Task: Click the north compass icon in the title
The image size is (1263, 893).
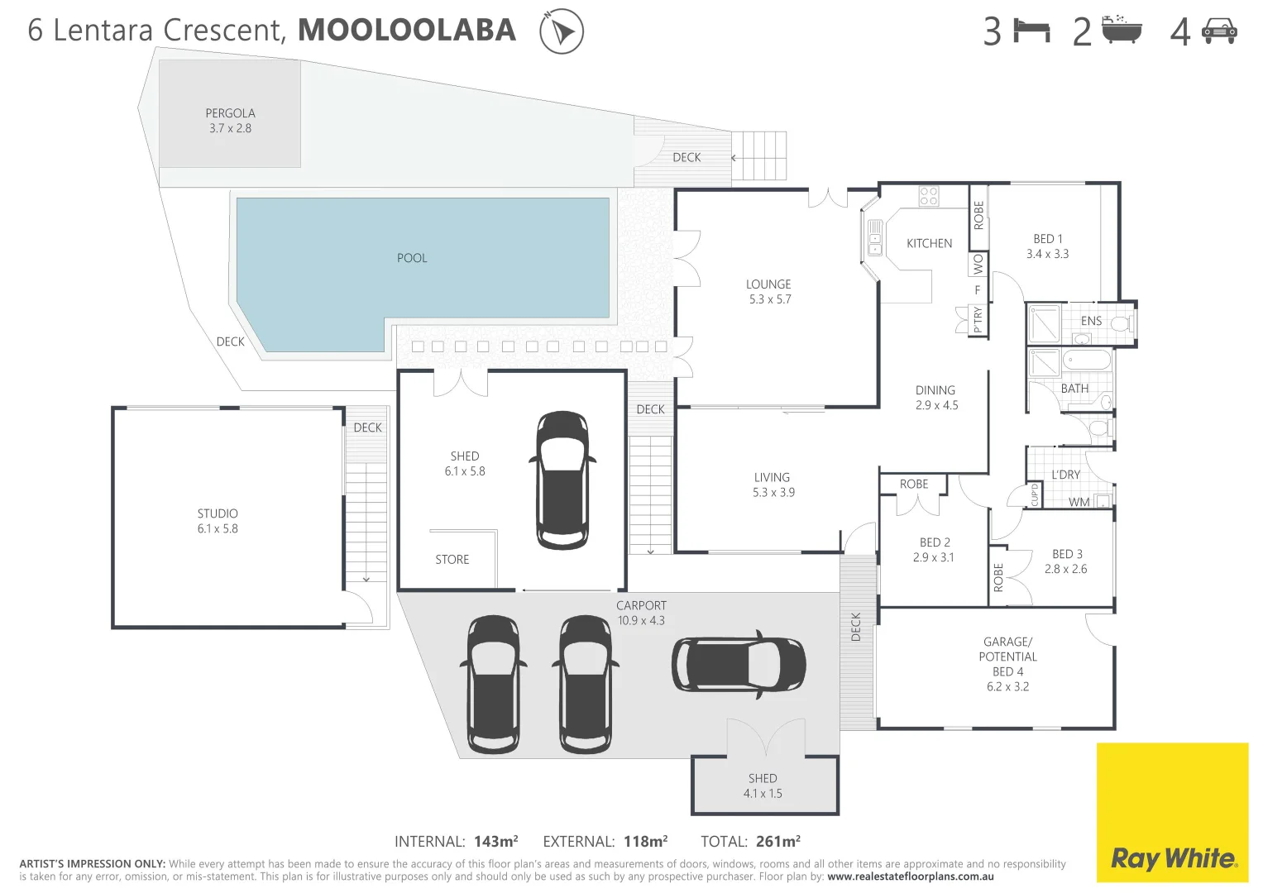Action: click(x=562, y=32)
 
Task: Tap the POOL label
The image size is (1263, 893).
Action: click(x=412, y=258)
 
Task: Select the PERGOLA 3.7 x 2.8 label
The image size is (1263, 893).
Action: click(x=230, y=121)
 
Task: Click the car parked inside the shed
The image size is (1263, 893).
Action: click(x=562, y=480)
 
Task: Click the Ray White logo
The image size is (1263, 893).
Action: click(x=1172, y=857)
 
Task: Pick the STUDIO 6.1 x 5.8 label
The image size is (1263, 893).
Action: click(x=218, y=521)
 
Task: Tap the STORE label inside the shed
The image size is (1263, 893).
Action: click(x=452, y=560)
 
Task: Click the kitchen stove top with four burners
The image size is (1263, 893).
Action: click(x=929, y=196)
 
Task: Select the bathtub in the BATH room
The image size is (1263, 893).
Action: click(x=1086, y=361)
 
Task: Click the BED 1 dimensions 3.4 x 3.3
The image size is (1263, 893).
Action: click(x=1047, y=254)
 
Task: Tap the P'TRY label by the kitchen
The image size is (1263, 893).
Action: click(x=978, y=319)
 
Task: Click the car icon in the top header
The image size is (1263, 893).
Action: click(x=1219, y=31)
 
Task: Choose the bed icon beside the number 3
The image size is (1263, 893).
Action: click(x=1031, y=31)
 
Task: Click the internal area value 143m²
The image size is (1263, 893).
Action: click(x=495, y=842)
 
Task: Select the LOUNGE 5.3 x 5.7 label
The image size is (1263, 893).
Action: click(x=769, y=291)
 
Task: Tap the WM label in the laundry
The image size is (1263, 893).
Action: click(x=1079, y=502)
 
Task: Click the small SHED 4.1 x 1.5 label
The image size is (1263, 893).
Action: click(x=763, y=786)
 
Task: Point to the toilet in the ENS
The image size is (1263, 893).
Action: click(x=1122, y=323)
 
